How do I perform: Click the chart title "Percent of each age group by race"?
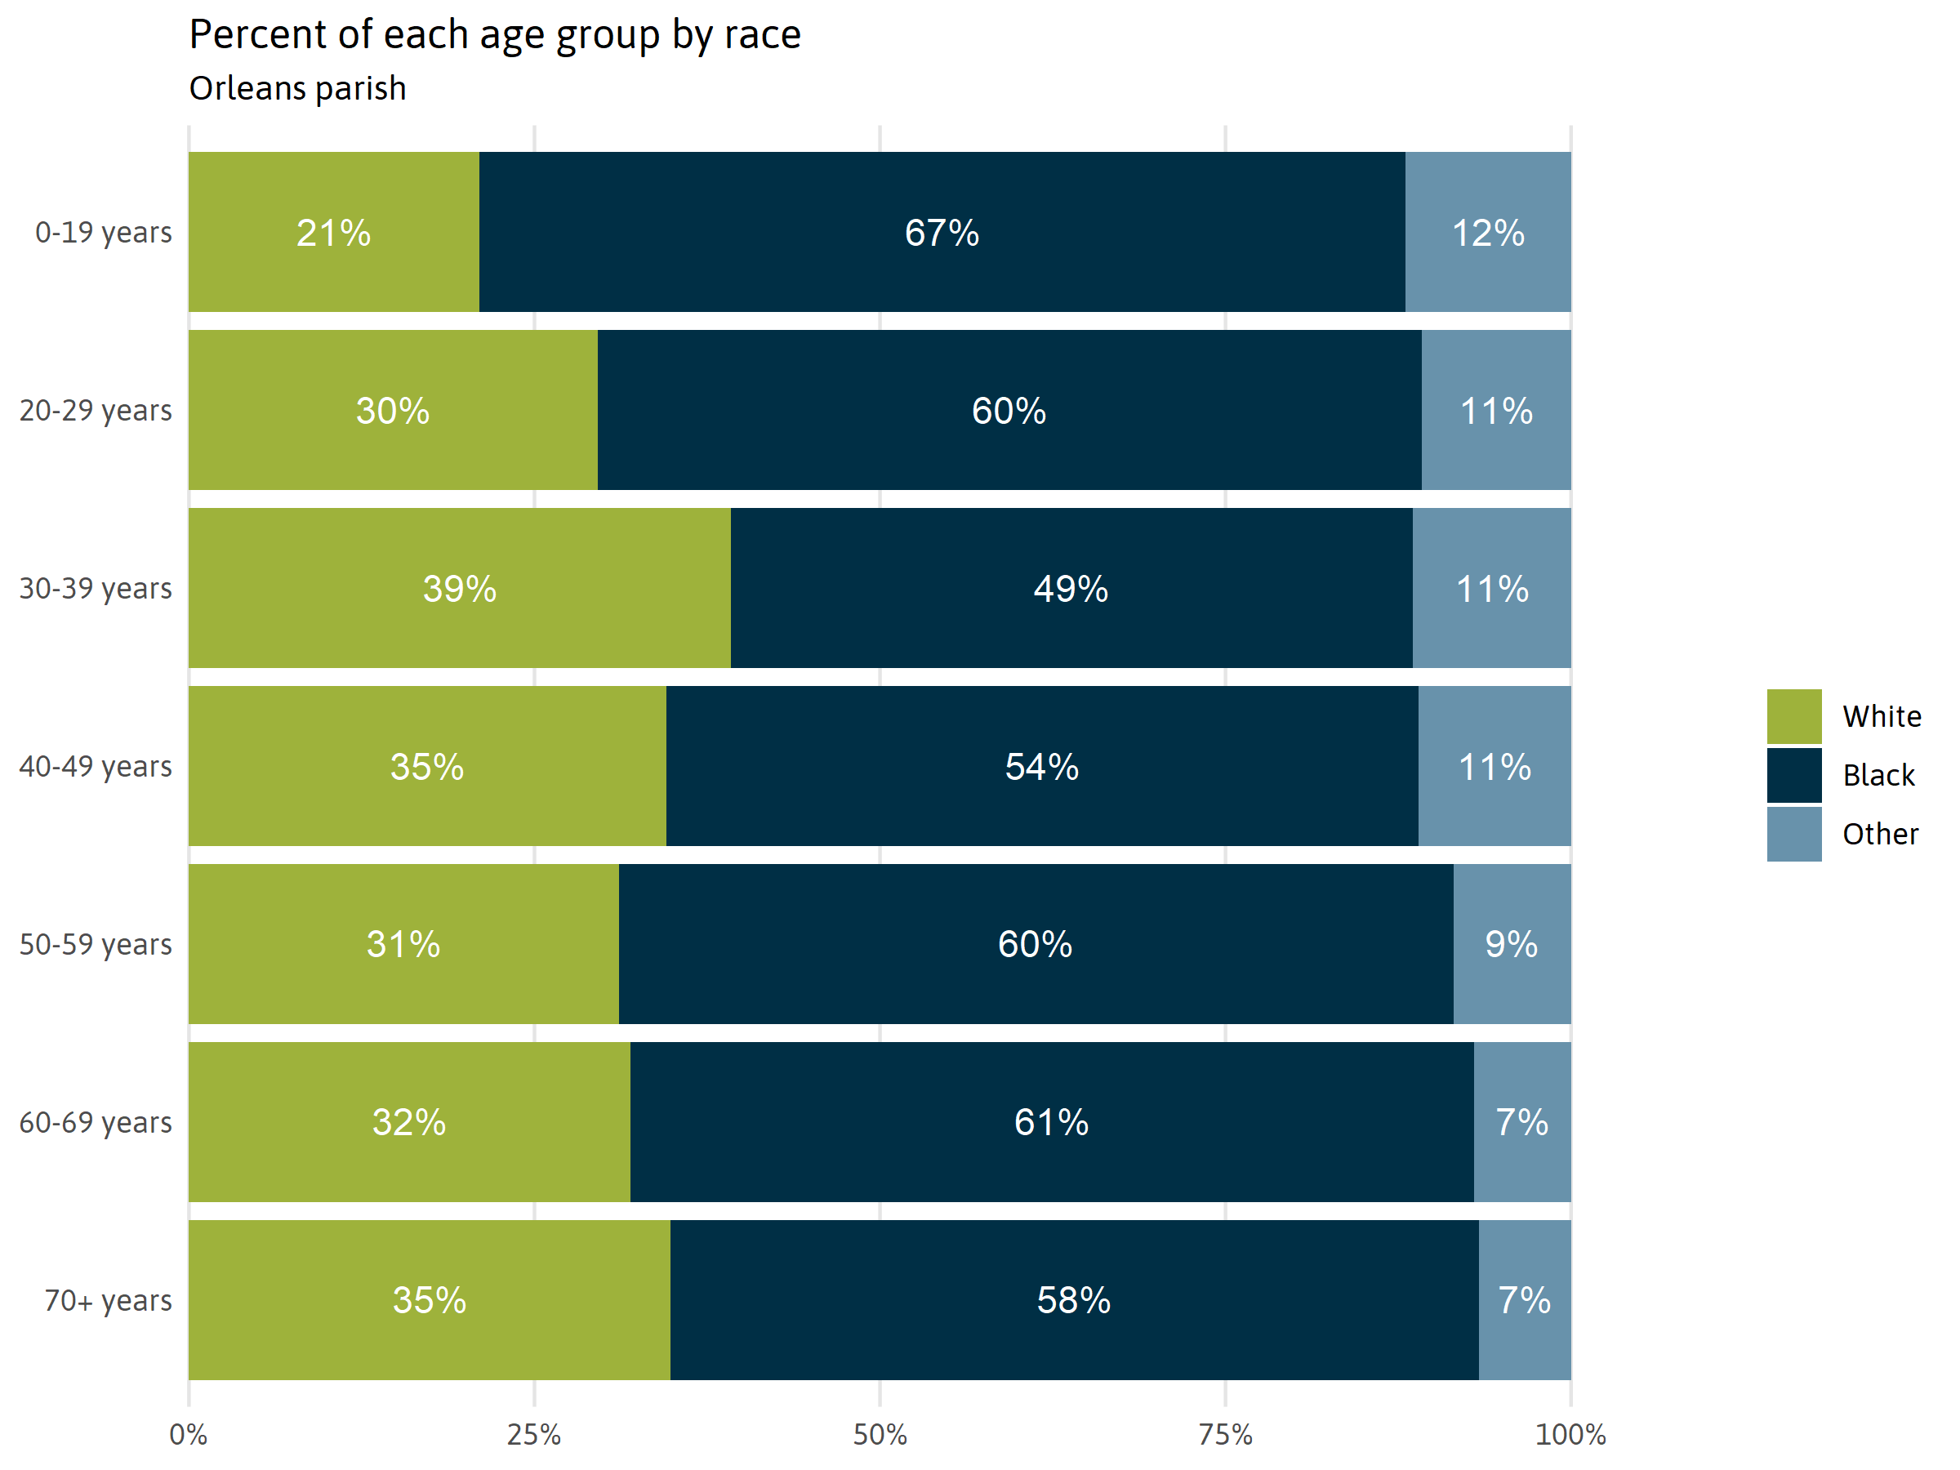pos(494,35)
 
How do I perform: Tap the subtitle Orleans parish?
pos(298,88)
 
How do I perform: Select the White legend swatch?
pos(1793,716)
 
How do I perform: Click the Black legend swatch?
pos(1793,775)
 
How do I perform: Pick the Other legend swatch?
pos(1793,834)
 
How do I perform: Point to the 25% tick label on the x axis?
pos(533,1435)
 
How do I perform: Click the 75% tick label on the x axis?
pos(1226,1435)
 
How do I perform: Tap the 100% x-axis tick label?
pos(1570,1435)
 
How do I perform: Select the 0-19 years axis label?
pos(104,232)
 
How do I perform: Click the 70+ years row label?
pos(108,1300)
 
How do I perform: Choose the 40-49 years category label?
pos(96,765)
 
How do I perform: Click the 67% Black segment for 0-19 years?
pos(942,232)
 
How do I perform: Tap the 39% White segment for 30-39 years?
pos(459,587)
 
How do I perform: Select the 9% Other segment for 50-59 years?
pos(1512,944)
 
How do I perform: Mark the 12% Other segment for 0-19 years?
pos(1488,232)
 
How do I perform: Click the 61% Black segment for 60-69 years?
pos(1052,1122)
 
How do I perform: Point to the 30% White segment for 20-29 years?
pos(393,410)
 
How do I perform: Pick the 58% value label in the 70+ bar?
pos(1074,1300)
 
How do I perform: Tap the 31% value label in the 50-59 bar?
pos(403,944)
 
